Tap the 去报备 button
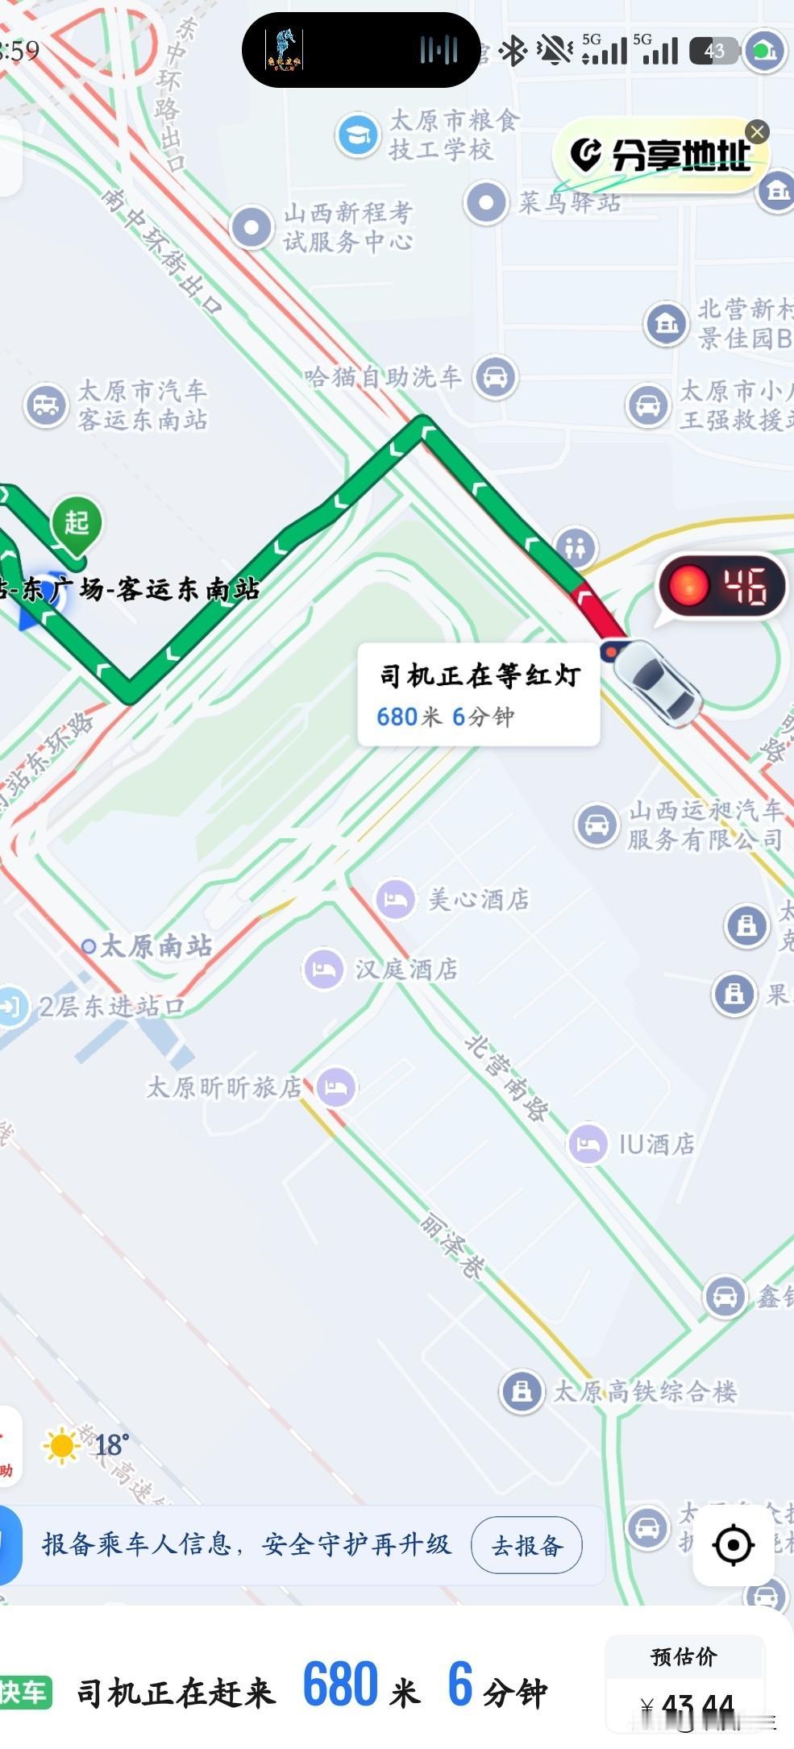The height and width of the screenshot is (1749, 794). point(526,1544)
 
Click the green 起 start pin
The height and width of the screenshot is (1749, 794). point(76,524)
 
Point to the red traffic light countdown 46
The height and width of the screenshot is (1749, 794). point(722,586)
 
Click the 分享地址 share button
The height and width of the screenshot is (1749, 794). point(661,155)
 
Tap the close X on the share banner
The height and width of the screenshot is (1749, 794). point(756,131)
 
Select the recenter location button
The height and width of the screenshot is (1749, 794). point(733,1544)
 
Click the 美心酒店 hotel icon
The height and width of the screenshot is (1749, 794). point(395,899)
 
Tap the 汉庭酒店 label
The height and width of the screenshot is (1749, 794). point(406,969)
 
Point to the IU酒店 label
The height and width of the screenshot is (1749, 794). point(656,1144)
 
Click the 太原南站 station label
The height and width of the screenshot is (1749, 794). point(156,945)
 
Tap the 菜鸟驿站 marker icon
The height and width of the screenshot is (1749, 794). point(486,202)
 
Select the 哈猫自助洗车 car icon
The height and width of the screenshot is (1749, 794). point(495,376)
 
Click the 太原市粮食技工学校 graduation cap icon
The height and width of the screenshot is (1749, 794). point(358,135)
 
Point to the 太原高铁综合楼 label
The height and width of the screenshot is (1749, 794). point(644,1391)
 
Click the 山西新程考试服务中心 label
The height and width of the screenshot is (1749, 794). point(347,226)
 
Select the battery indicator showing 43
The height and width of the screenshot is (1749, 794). point(714,51)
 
